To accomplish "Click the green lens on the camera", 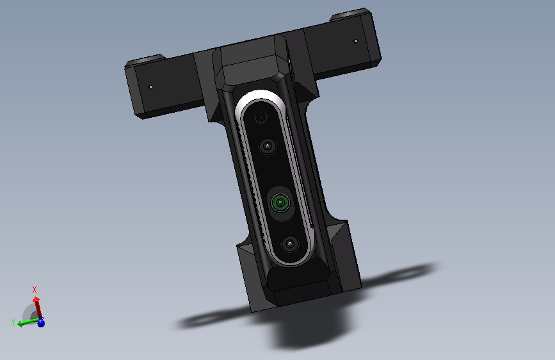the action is coord(280,202).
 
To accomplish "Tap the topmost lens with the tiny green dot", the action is coord(261,117).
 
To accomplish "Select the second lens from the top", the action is coord(267,146).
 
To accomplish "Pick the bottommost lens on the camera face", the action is coord(290,244).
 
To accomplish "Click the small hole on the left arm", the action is coord(151,87).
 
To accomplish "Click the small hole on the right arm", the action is coord(356,41).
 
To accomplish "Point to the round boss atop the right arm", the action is coord(349,15).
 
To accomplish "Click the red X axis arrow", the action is coord(38,308).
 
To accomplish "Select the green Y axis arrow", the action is coord(28,322).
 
